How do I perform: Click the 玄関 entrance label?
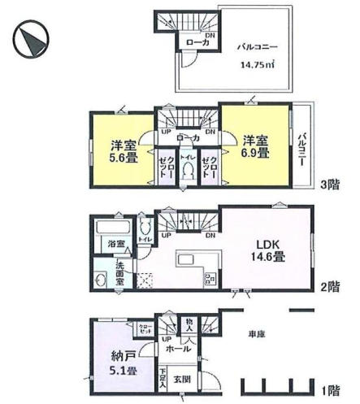coord(182,379)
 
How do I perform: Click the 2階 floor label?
coord(329,286)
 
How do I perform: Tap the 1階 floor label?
coord(329,389)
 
